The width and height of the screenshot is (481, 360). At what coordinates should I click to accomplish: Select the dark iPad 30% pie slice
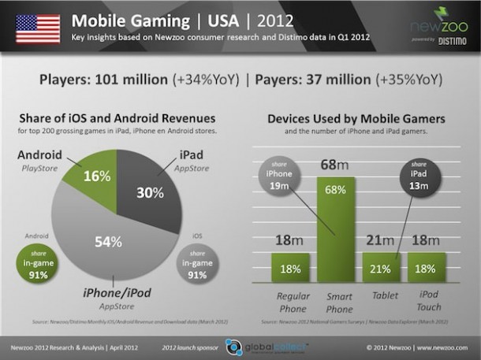[x=153, y=189]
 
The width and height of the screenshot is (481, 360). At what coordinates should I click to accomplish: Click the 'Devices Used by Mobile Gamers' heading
[x=356, y=119]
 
